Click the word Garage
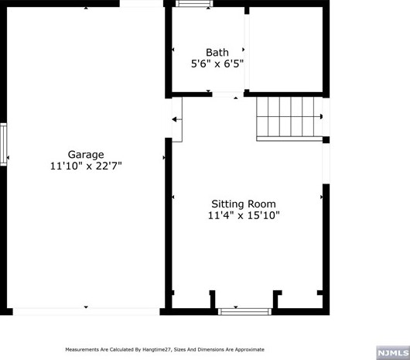85,154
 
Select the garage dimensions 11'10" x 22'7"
85,166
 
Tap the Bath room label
217,53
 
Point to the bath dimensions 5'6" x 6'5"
217,65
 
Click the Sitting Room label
243,204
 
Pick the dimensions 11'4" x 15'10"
243,216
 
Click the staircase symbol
289,117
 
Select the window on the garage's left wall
4,145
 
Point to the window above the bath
194,4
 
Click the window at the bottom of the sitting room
238,311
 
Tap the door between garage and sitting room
176,119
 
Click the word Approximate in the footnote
248,349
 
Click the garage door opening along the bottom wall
86,310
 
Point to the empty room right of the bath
285,51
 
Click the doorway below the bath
227,94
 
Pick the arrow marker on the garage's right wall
163,158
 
